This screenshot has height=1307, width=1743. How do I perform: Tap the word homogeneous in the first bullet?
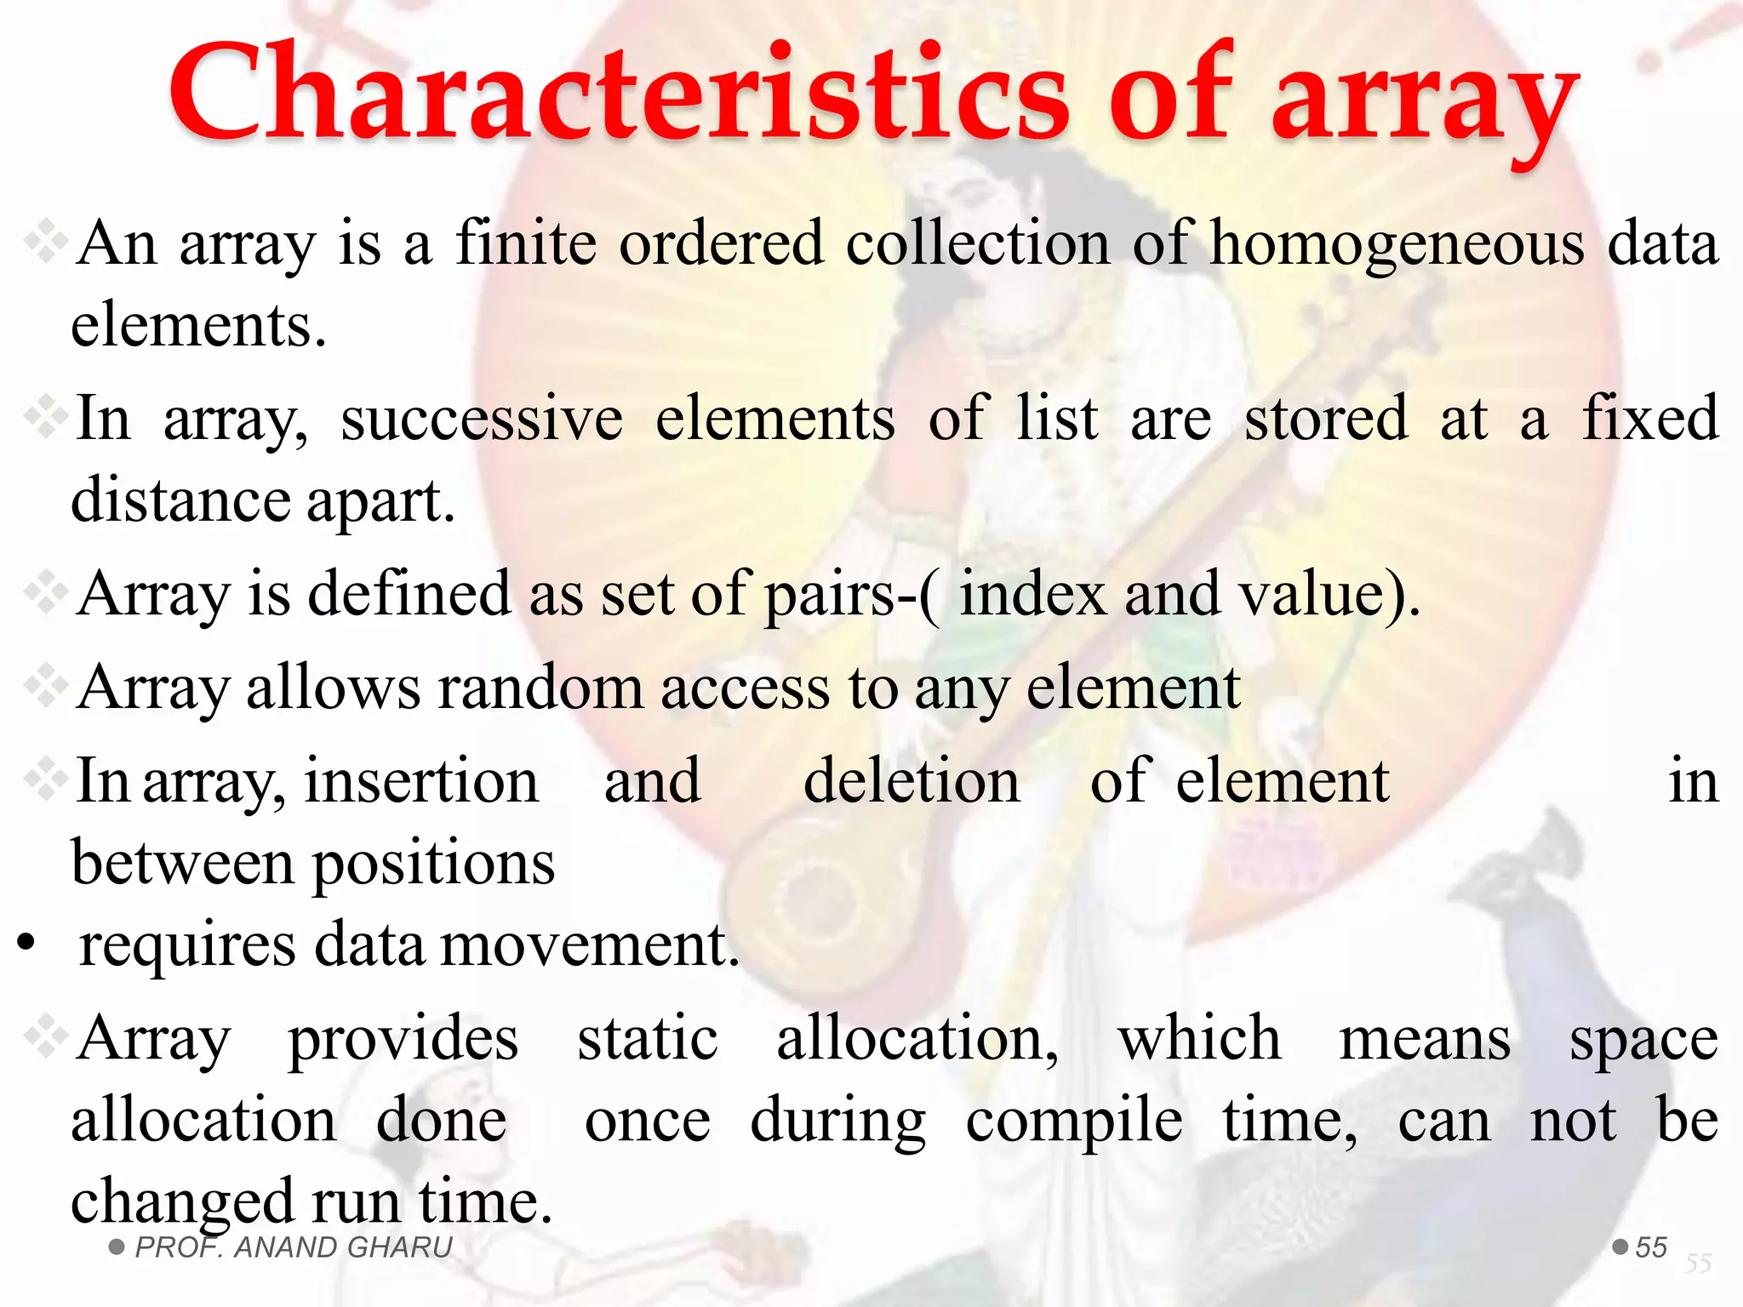pos(1397,244)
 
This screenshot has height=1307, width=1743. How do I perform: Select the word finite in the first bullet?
pos(526,243)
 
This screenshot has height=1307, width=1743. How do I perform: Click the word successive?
pos(482,419)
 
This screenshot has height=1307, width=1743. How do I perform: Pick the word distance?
pos(180,499)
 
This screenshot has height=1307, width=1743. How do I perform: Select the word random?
pos(540,688)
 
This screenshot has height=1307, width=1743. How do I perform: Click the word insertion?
pos(421,781)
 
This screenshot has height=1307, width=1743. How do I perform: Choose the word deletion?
pos(912,781)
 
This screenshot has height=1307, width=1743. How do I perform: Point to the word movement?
pos(589,945)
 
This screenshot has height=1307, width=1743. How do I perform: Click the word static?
pos(648,1039)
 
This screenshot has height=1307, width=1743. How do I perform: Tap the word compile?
pos(1074,1122)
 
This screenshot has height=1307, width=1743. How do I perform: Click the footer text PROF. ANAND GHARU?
pos(294,1247)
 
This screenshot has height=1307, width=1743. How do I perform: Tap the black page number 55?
pos(1651,1247)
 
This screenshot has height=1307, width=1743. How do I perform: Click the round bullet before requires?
pos(26,943)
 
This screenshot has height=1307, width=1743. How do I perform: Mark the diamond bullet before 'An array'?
pos(46,243)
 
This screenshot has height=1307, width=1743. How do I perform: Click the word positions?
pos(434,865)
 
